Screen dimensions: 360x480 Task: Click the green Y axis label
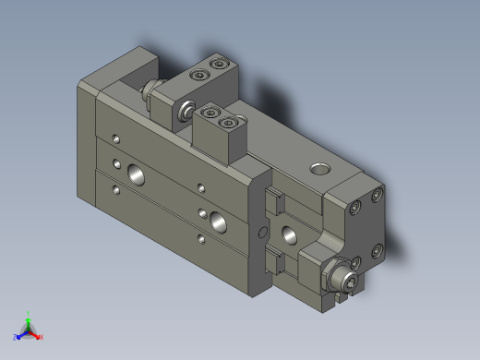pos(29,314)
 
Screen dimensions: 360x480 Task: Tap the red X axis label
pos(42,337)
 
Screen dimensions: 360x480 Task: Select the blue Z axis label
pos(16,338)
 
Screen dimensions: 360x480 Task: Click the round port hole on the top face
pos(319,169)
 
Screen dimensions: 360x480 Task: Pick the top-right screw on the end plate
pos(377,196)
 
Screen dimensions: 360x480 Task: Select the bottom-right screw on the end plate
pos(377,249)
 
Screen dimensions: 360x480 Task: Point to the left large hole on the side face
pos(136,173)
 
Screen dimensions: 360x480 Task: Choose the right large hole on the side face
pos(219,220)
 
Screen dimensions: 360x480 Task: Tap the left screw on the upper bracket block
pos(196,75)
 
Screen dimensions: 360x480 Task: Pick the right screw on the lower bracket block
pos(229,119)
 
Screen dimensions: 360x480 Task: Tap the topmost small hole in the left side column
pos(115,138)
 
